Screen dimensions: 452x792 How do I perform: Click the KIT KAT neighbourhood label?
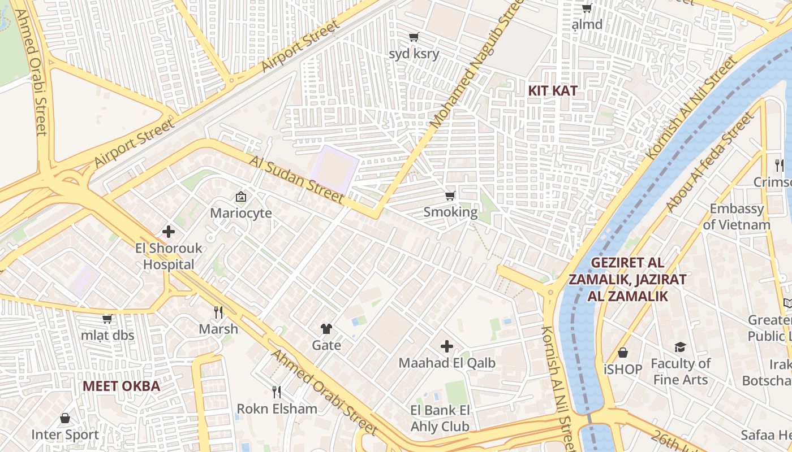pyautogui.click(x=552, y=90)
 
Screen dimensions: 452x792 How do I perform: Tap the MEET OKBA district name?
pyautogui.click(x=121, y=386)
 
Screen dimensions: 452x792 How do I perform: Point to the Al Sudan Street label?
pyautogui.click(x=296, y=180)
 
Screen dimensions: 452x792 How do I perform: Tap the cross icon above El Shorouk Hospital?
pyautogui.click(x=168, y=232)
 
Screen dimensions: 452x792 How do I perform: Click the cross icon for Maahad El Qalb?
pyautogui.click(x=447, y=346)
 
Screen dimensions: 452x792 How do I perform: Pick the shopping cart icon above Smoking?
pyautogui.click(x=450, y=195)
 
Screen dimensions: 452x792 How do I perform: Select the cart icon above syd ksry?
pyautogui.click(x=414, y=37)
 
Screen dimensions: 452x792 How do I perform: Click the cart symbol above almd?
pyautogui.click(x=587, y=8)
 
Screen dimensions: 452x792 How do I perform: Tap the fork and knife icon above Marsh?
pyautogui.click(x=218, y=312)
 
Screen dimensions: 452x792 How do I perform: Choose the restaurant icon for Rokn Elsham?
pyautogui.click(x=277, y=392)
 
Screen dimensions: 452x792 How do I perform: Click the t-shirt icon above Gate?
pyautogui.click(x=326, y=328)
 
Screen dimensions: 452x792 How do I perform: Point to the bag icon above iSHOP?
pyautogui.click(x=623, y=353)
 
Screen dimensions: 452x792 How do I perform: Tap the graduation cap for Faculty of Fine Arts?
pyautogui.click(x=680, y=347)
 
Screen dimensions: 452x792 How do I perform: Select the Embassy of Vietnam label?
pyautogui.click(x=737, y=216)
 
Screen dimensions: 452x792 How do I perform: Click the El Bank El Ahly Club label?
pyautogui.click(x=440, y=418)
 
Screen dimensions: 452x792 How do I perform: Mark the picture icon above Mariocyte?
pyautogui.click(x=241, y=197)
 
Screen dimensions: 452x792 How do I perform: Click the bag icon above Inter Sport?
pyautogui.click(x=65, y=418)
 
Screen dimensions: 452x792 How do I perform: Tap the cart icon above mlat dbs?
pyautogui.click(x=107, y=319)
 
